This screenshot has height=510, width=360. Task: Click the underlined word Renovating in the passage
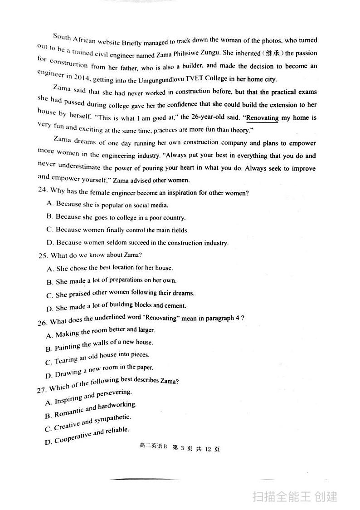(262, 118)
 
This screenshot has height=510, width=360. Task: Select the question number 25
(43, 255)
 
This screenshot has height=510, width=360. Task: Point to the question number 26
(43, 322)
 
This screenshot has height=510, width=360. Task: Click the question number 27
(43, 389)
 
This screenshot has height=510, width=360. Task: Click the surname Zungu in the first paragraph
(208, 54)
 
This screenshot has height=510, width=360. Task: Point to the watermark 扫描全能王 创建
(295, 496)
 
